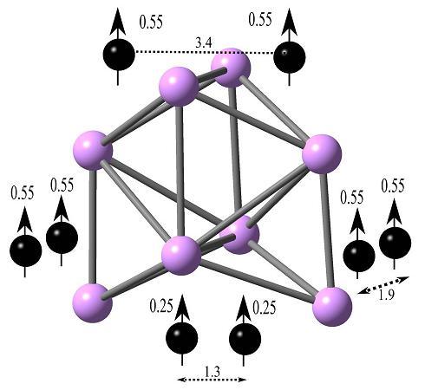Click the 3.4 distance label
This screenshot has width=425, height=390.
(x=204, y=43)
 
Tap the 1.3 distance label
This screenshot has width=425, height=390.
(x=212, y=372)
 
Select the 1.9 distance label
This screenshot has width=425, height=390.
(x=387, y=296)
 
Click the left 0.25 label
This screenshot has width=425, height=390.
(x=161, y=307)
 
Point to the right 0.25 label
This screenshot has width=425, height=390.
(x=265, y=308)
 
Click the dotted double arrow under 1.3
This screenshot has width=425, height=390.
(x=212, y=380)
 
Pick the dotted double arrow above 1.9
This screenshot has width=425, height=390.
(x=383, y=285)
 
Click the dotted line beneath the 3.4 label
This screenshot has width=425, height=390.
(x=205, y=53)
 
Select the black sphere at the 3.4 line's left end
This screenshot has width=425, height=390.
(x=119, y=55)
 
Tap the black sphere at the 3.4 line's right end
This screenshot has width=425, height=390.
(x=290, y=57)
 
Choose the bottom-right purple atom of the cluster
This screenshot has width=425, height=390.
(x=332, y=306)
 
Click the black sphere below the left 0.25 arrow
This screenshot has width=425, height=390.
(x=182, y=338)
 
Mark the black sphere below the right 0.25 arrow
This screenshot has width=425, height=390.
(x=245, y=339)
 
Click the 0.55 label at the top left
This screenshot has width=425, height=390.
(x=151, y=23)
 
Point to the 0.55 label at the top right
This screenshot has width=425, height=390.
(x=260, y=20)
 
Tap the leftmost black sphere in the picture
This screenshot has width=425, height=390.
(x=26, y=250)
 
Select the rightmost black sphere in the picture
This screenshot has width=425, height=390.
(x=395, y=243)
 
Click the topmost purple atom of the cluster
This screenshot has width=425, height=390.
(x=231, y=68)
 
